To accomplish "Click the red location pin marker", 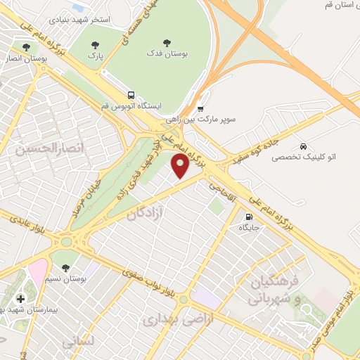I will [x=181, y=166].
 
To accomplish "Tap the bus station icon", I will [x=131, y=95].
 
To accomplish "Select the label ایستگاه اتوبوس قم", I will [x=131, y=106].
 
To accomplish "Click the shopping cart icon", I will [x=200, y=109].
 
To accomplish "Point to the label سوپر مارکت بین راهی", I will [x=220, y=120].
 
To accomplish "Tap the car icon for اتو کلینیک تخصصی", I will [x=302, y=146].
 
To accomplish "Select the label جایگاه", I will [x=250, y=228].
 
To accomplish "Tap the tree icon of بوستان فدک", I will [x=167, y=42].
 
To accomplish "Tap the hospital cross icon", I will [x=20, y=299].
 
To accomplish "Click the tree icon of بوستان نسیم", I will [x=65, y=268].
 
